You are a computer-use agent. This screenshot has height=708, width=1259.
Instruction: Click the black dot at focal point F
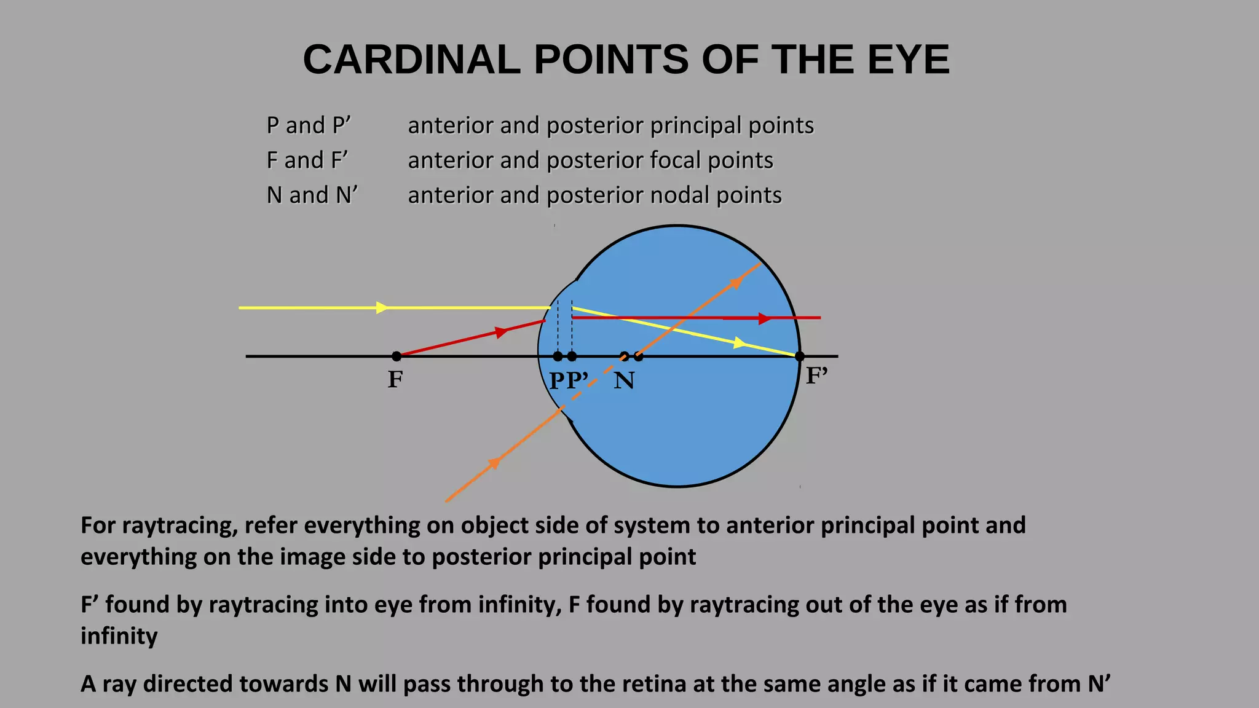click(397, 356)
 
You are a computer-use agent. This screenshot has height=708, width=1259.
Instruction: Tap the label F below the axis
click(395, 380)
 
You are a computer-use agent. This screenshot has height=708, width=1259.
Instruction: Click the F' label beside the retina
click(817, 376)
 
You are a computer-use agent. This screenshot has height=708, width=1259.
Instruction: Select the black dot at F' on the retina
click(800, 356)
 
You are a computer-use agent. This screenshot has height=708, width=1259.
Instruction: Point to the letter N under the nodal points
click(624, 381)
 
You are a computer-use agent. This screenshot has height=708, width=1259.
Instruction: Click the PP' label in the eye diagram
click(569, 381)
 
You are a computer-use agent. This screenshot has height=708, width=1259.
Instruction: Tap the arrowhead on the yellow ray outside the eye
click(382, 307)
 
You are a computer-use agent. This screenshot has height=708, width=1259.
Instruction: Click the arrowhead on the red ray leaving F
click(502, 332)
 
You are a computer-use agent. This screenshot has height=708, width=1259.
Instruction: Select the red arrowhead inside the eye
click(764, 318)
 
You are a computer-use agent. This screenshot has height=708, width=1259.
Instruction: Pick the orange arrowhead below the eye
click(494, 462)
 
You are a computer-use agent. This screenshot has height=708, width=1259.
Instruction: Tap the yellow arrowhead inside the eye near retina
click(740, 343)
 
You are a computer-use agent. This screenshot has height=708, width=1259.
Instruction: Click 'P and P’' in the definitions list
click(309, 125)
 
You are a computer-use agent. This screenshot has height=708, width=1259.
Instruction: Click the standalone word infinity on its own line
click(119, 636)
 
